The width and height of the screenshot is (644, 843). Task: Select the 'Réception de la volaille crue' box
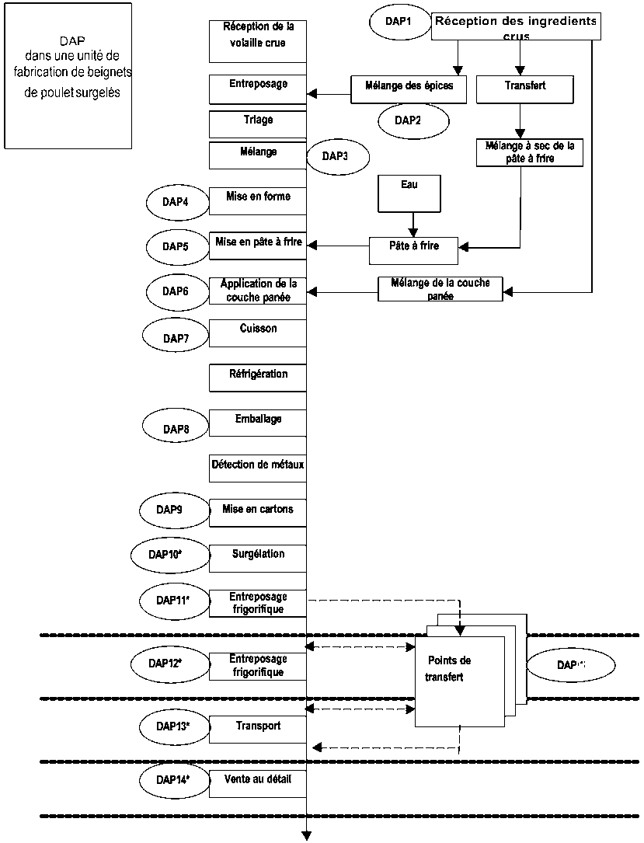click(x=258, y=40)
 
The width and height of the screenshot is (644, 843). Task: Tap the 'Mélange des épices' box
click(x=408, y=88)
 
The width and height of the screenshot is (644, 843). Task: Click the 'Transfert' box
click(x=524, y=88)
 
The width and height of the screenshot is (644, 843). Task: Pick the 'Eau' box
click(x=409, y=193)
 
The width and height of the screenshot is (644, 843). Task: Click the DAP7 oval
click(x=176, y=338)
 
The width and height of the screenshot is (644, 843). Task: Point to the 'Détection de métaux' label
click(x=258, y=465)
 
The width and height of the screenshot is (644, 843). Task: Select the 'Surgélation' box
click(x=258, y=558)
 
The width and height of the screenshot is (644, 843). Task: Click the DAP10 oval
click(x=168, y=555)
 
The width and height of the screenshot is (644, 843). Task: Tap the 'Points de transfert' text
click(x=448, y=668)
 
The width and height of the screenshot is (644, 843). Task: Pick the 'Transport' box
click(x=258, y=730)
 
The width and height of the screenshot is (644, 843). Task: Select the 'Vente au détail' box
click(x=258, y=783)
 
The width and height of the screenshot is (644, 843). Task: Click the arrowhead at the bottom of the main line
click(x=307, y=836)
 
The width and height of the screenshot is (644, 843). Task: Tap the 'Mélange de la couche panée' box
click(x=440, y=289)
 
